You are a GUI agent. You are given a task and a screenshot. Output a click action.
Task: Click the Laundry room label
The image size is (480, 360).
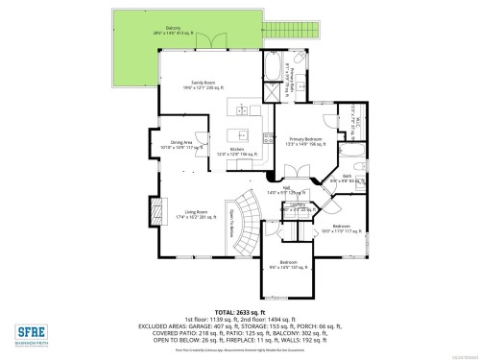click(x=298, y=206)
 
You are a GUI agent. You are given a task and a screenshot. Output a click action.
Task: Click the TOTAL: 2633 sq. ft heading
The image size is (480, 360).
click(x=240, y=312)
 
